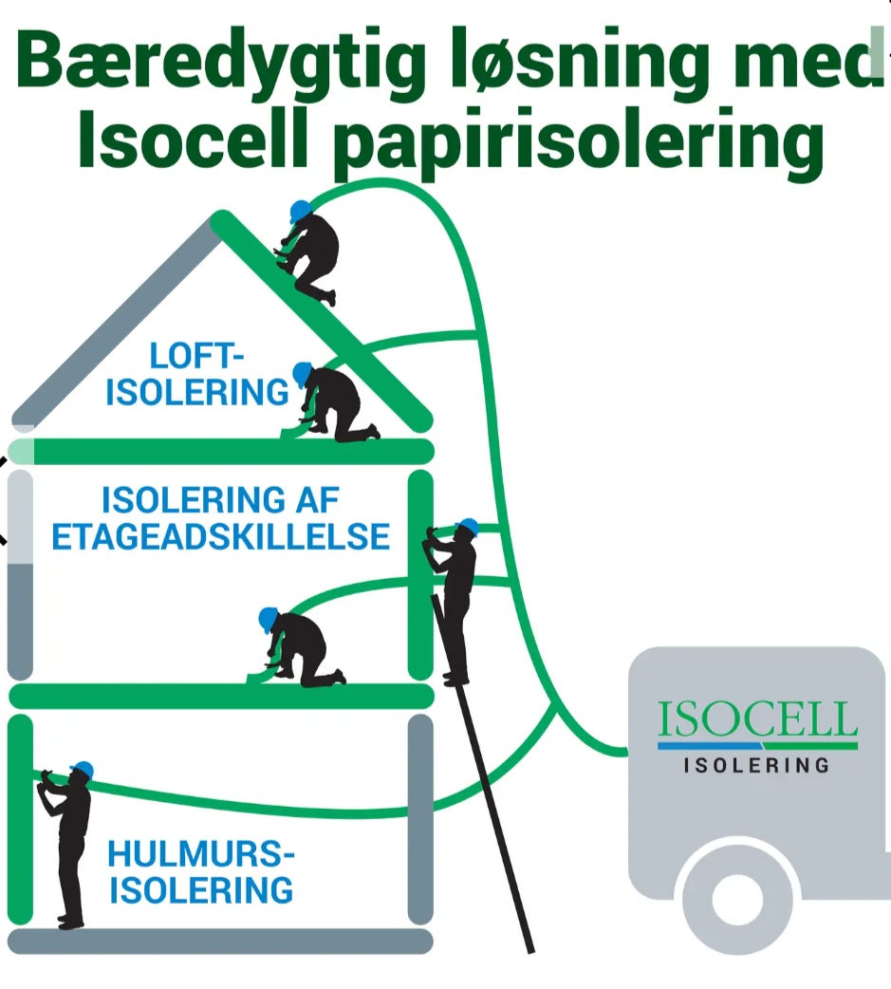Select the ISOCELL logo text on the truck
pos(757,719)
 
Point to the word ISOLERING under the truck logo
pos(756,766)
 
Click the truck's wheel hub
pos(737,899)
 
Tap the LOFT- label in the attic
pos(196,356)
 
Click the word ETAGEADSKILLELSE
pos(221,537)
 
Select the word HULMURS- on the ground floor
pos(201,854)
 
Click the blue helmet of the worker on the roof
pos(300,211)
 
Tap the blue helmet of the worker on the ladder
pos(469,526)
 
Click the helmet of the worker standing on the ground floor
pos(83,770)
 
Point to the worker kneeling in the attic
pos(331,403)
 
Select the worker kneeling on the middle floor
pos(298,648)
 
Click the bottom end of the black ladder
pos(530,950)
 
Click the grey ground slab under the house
pos(221,941)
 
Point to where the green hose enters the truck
pos(627,751)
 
